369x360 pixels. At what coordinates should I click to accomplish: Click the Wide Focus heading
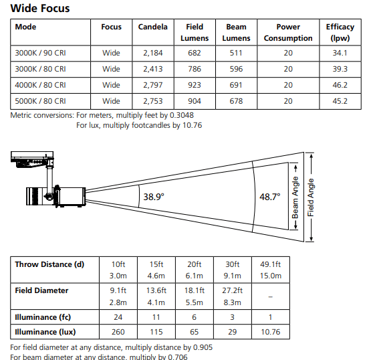[x=40, y=8]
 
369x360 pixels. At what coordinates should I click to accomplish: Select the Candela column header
[x=152, y=27]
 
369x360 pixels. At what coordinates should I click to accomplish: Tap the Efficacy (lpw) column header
[x=340, y=32]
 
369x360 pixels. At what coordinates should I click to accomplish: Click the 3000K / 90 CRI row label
[x=40, y=53]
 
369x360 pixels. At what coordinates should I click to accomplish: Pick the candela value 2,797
[x=152, y=85]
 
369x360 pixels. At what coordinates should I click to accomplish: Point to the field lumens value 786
[x=195, y=69]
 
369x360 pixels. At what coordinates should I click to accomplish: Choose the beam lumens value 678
[x=236, y=101]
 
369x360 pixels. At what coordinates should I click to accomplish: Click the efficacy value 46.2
[x=340, y=85]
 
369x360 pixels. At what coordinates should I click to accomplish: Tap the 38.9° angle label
[x=154, y=197]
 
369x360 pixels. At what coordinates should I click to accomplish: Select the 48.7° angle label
[x=269, y=197]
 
